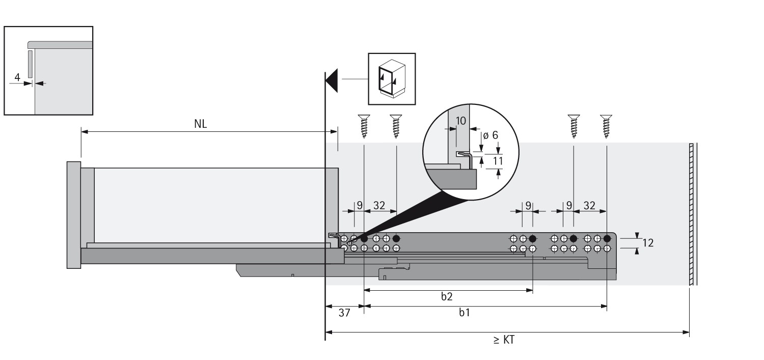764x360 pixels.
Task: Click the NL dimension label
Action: point(201,124)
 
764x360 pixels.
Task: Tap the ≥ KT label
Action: point(504,340)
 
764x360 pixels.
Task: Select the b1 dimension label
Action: point(464,313)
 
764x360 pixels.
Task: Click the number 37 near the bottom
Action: point(344,313)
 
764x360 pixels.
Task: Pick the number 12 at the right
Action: point(648,243)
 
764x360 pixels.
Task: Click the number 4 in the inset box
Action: point(17,78)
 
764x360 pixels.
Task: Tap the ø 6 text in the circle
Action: point(490,135)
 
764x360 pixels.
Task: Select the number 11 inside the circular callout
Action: point(498,161)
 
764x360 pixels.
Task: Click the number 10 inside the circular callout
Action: point(460,121)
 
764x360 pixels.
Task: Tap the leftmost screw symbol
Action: point(364,126)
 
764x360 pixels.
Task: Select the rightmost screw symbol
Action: point(606,126)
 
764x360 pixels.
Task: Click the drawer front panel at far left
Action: point(73,214)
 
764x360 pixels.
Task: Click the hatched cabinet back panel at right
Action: point(692,214)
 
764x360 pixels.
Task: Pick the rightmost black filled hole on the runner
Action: point(607,238)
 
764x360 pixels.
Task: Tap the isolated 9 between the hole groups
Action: point(528,206)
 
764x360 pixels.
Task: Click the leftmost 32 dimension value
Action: point(379,206)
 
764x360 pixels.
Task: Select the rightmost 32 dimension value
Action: point(589,206)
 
